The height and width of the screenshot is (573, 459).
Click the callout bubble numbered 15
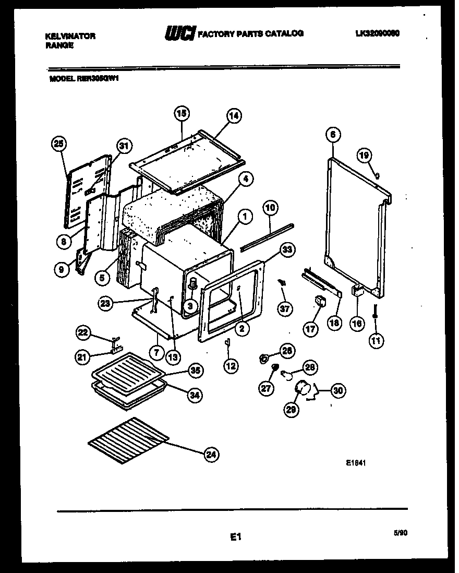(181, 113)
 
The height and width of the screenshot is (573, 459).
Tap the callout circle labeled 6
(332, 134)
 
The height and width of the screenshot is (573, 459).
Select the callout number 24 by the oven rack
(210, 455)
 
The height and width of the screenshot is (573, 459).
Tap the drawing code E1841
(354, 461)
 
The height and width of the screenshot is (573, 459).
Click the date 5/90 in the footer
(400, 533)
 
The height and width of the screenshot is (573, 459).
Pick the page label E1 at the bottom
(235, 536)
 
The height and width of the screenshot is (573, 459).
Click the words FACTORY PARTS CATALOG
(251, 33)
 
